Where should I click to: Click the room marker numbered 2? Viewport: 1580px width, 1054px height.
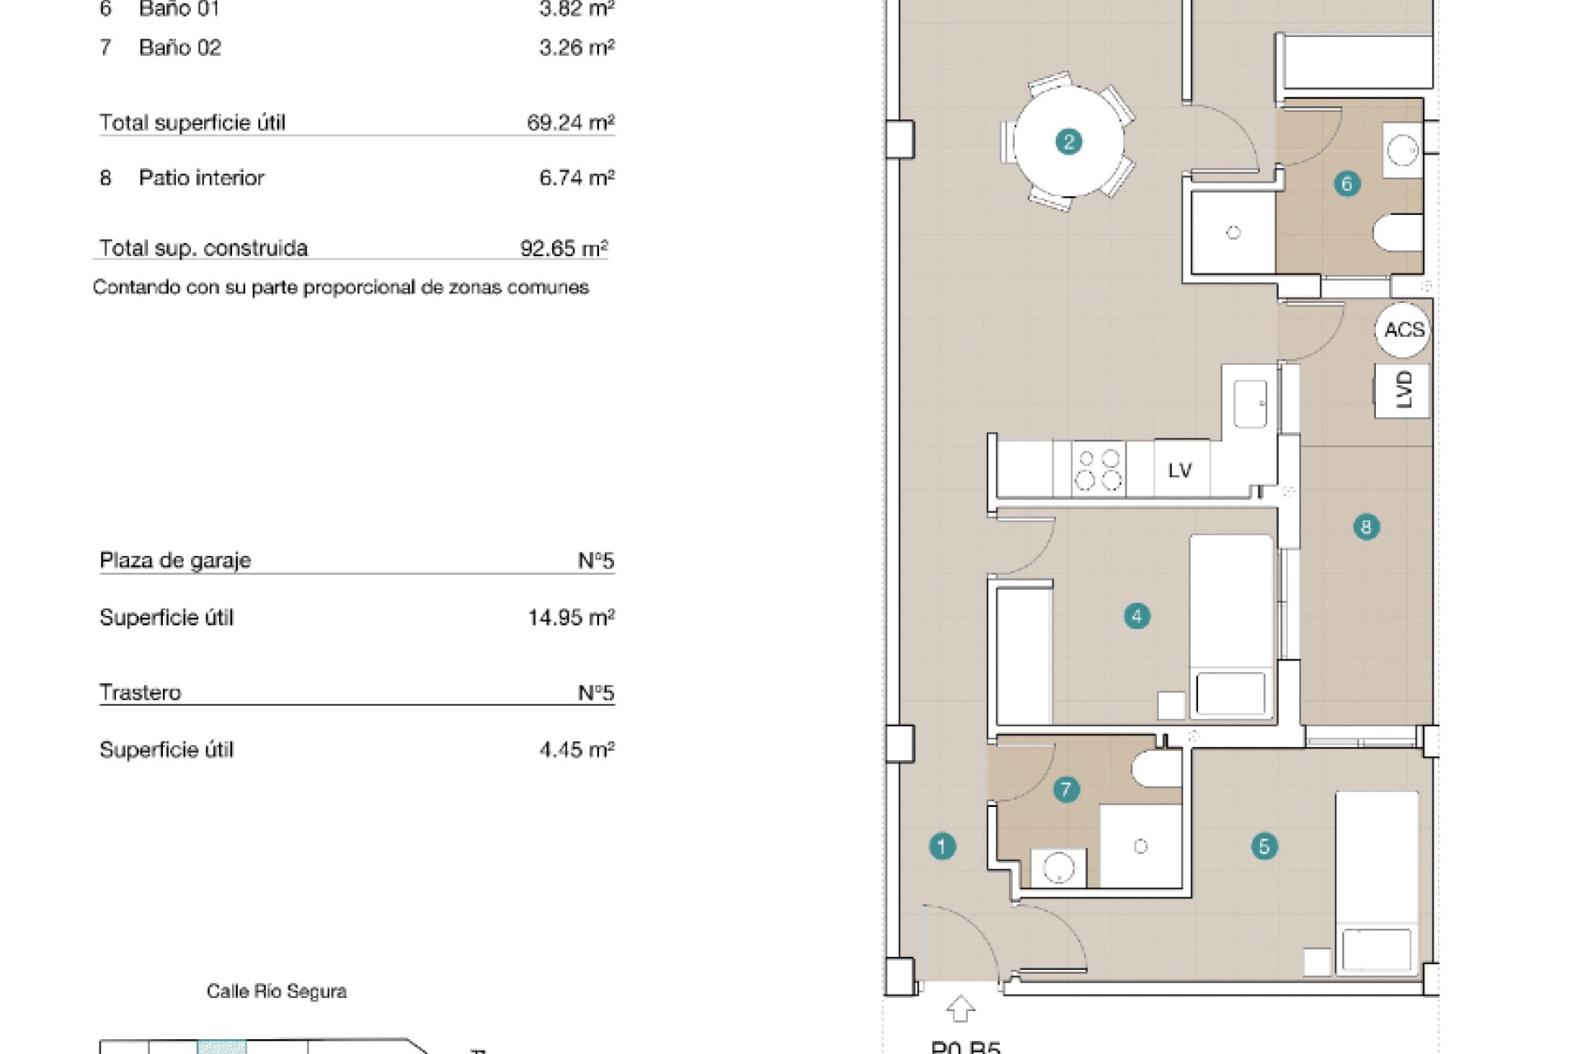point(1068,142)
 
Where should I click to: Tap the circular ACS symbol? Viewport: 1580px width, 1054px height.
point(1403,330)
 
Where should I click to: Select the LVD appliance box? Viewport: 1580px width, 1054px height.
point(1403,389)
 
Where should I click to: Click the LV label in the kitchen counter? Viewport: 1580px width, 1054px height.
point(1180,470)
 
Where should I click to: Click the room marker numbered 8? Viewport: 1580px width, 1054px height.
point(1366,527)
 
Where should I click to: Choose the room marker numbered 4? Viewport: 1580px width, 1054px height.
point(1136,616)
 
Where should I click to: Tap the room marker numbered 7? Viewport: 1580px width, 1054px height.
point(1066,790)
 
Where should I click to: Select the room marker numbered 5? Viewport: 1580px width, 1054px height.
point(1264,846)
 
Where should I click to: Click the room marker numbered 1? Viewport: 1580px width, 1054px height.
point(942,846)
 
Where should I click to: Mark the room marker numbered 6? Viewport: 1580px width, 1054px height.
point(1346,184)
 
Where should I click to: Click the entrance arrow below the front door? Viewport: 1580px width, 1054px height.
point(960,1010)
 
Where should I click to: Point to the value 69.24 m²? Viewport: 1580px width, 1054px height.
point(570,123)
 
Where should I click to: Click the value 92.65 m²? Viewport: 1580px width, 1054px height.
point(564,248)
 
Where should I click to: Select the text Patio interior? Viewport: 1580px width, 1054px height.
point(202,178)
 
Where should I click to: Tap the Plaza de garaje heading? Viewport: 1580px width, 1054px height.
point(175,561)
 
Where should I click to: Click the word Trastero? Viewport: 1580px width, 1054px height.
point(140,693)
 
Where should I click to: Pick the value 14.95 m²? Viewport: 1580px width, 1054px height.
point(571,618)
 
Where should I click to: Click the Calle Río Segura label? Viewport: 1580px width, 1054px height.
point(276,991)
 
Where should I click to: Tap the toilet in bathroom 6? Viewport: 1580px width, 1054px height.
point(1398,233)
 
